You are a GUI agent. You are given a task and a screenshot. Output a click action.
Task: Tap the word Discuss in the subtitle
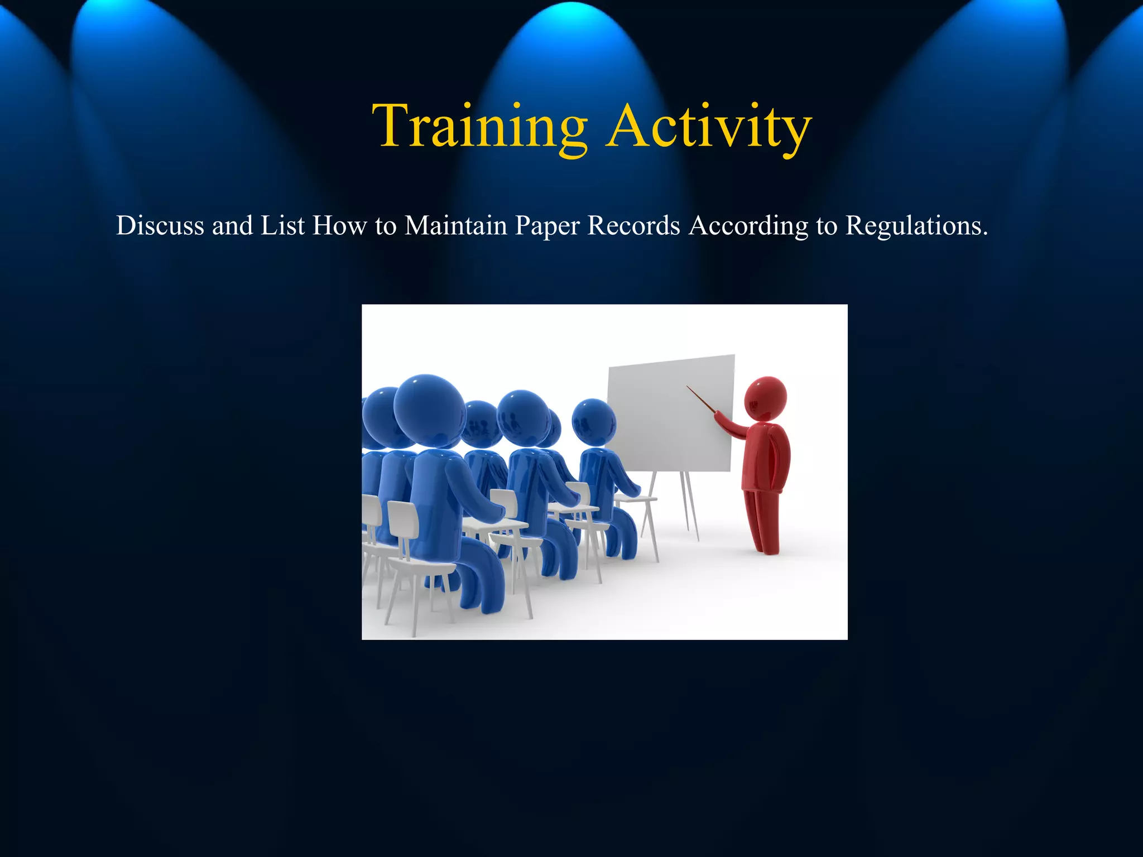(160, 226)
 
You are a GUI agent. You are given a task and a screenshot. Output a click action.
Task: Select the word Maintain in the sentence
(455, 226)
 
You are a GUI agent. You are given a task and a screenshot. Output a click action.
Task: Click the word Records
(633, 226)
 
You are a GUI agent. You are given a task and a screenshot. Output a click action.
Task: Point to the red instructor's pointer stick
(700, 399)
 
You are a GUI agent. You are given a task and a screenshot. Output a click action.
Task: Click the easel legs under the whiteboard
(689, 505)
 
